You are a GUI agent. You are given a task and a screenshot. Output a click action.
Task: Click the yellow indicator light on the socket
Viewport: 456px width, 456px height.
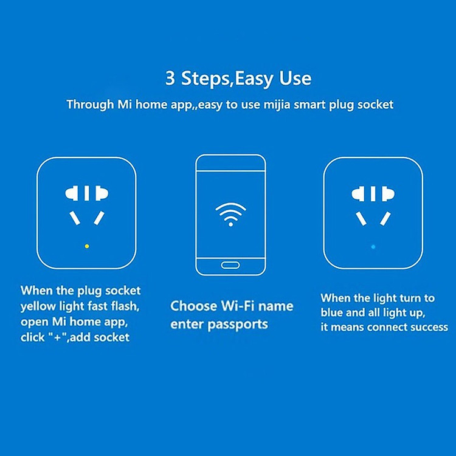click(x=87, y=246)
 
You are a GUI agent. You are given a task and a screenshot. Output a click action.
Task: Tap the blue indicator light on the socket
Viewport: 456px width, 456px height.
click(x=373, y=247)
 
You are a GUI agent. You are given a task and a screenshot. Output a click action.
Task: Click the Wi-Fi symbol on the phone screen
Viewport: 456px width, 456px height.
click(x=230, y=215)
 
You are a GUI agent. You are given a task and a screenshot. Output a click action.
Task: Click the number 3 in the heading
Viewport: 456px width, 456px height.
click(x=170, y=78)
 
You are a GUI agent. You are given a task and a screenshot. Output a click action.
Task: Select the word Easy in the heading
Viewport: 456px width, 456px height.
click(x=254, y=79)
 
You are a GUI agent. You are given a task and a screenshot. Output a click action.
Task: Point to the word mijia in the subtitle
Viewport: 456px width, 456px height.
click(x=277, y=105)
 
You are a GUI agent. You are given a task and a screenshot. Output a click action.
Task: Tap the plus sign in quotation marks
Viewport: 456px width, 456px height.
click(x=57, y=337)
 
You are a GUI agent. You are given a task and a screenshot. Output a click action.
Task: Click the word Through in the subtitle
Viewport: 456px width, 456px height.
click(x=90, y=105)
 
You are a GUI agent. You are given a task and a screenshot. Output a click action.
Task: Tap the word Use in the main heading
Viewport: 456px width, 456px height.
click(x=295, y=78)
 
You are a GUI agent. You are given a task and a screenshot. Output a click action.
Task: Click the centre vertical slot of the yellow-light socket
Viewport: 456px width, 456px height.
click(x=87, y=193)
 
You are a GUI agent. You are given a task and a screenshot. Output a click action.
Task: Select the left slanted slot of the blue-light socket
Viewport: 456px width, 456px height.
click(x=361, y=219)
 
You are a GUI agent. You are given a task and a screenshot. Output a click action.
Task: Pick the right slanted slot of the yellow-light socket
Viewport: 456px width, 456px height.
click(x=99, y=218)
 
